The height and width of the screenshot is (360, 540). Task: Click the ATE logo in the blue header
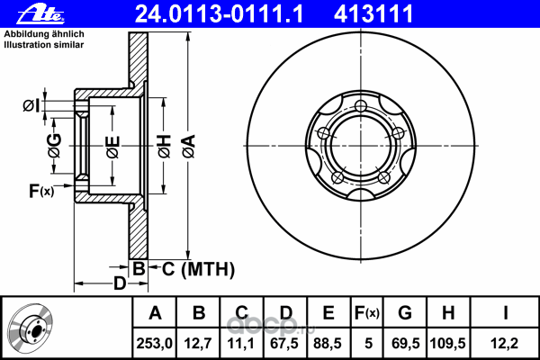tap(40, 14)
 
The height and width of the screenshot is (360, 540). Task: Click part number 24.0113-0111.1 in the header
tap(220, 14)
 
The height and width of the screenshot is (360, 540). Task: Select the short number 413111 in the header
tap(373, 14)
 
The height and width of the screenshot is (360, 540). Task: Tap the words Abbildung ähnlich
tap(44, 34)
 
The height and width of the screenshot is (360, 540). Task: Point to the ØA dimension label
tap(189, 147)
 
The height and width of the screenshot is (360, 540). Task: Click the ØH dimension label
tap(165, 146)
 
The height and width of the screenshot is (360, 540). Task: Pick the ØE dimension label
tap(113, 147)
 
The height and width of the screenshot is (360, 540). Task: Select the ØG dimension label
tap(55, 146)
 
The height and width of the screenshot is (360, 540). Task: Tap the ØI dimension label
tap(31, 105)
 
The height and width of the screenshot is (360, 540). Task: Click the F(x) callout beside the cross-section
tap(41, 191)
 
